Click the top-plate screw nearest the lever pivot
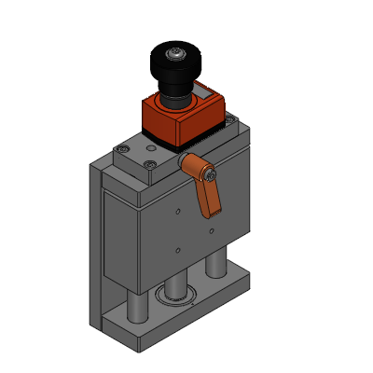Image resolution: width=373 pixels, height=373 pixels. tap(151, 166)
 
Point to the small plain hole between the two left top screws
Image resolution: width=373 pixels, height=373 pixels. tap(133, 158)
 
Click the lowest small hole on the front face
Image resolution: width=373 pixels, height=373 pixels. tap(176, 250)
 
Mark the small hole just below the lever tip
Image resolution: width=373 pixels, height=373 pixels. tap(213, 229)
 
